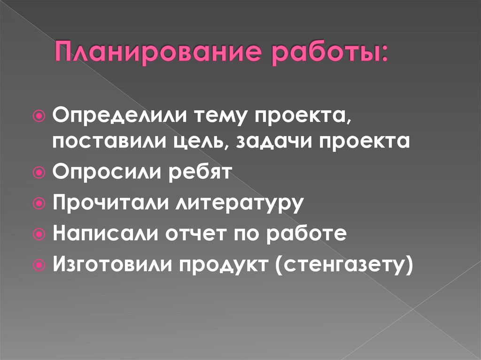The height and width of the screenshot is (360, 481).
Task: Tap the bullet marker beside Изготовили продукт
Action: point(39,265)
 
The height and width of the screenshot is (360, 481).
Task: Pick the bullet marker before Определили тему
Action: point(39,115)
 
